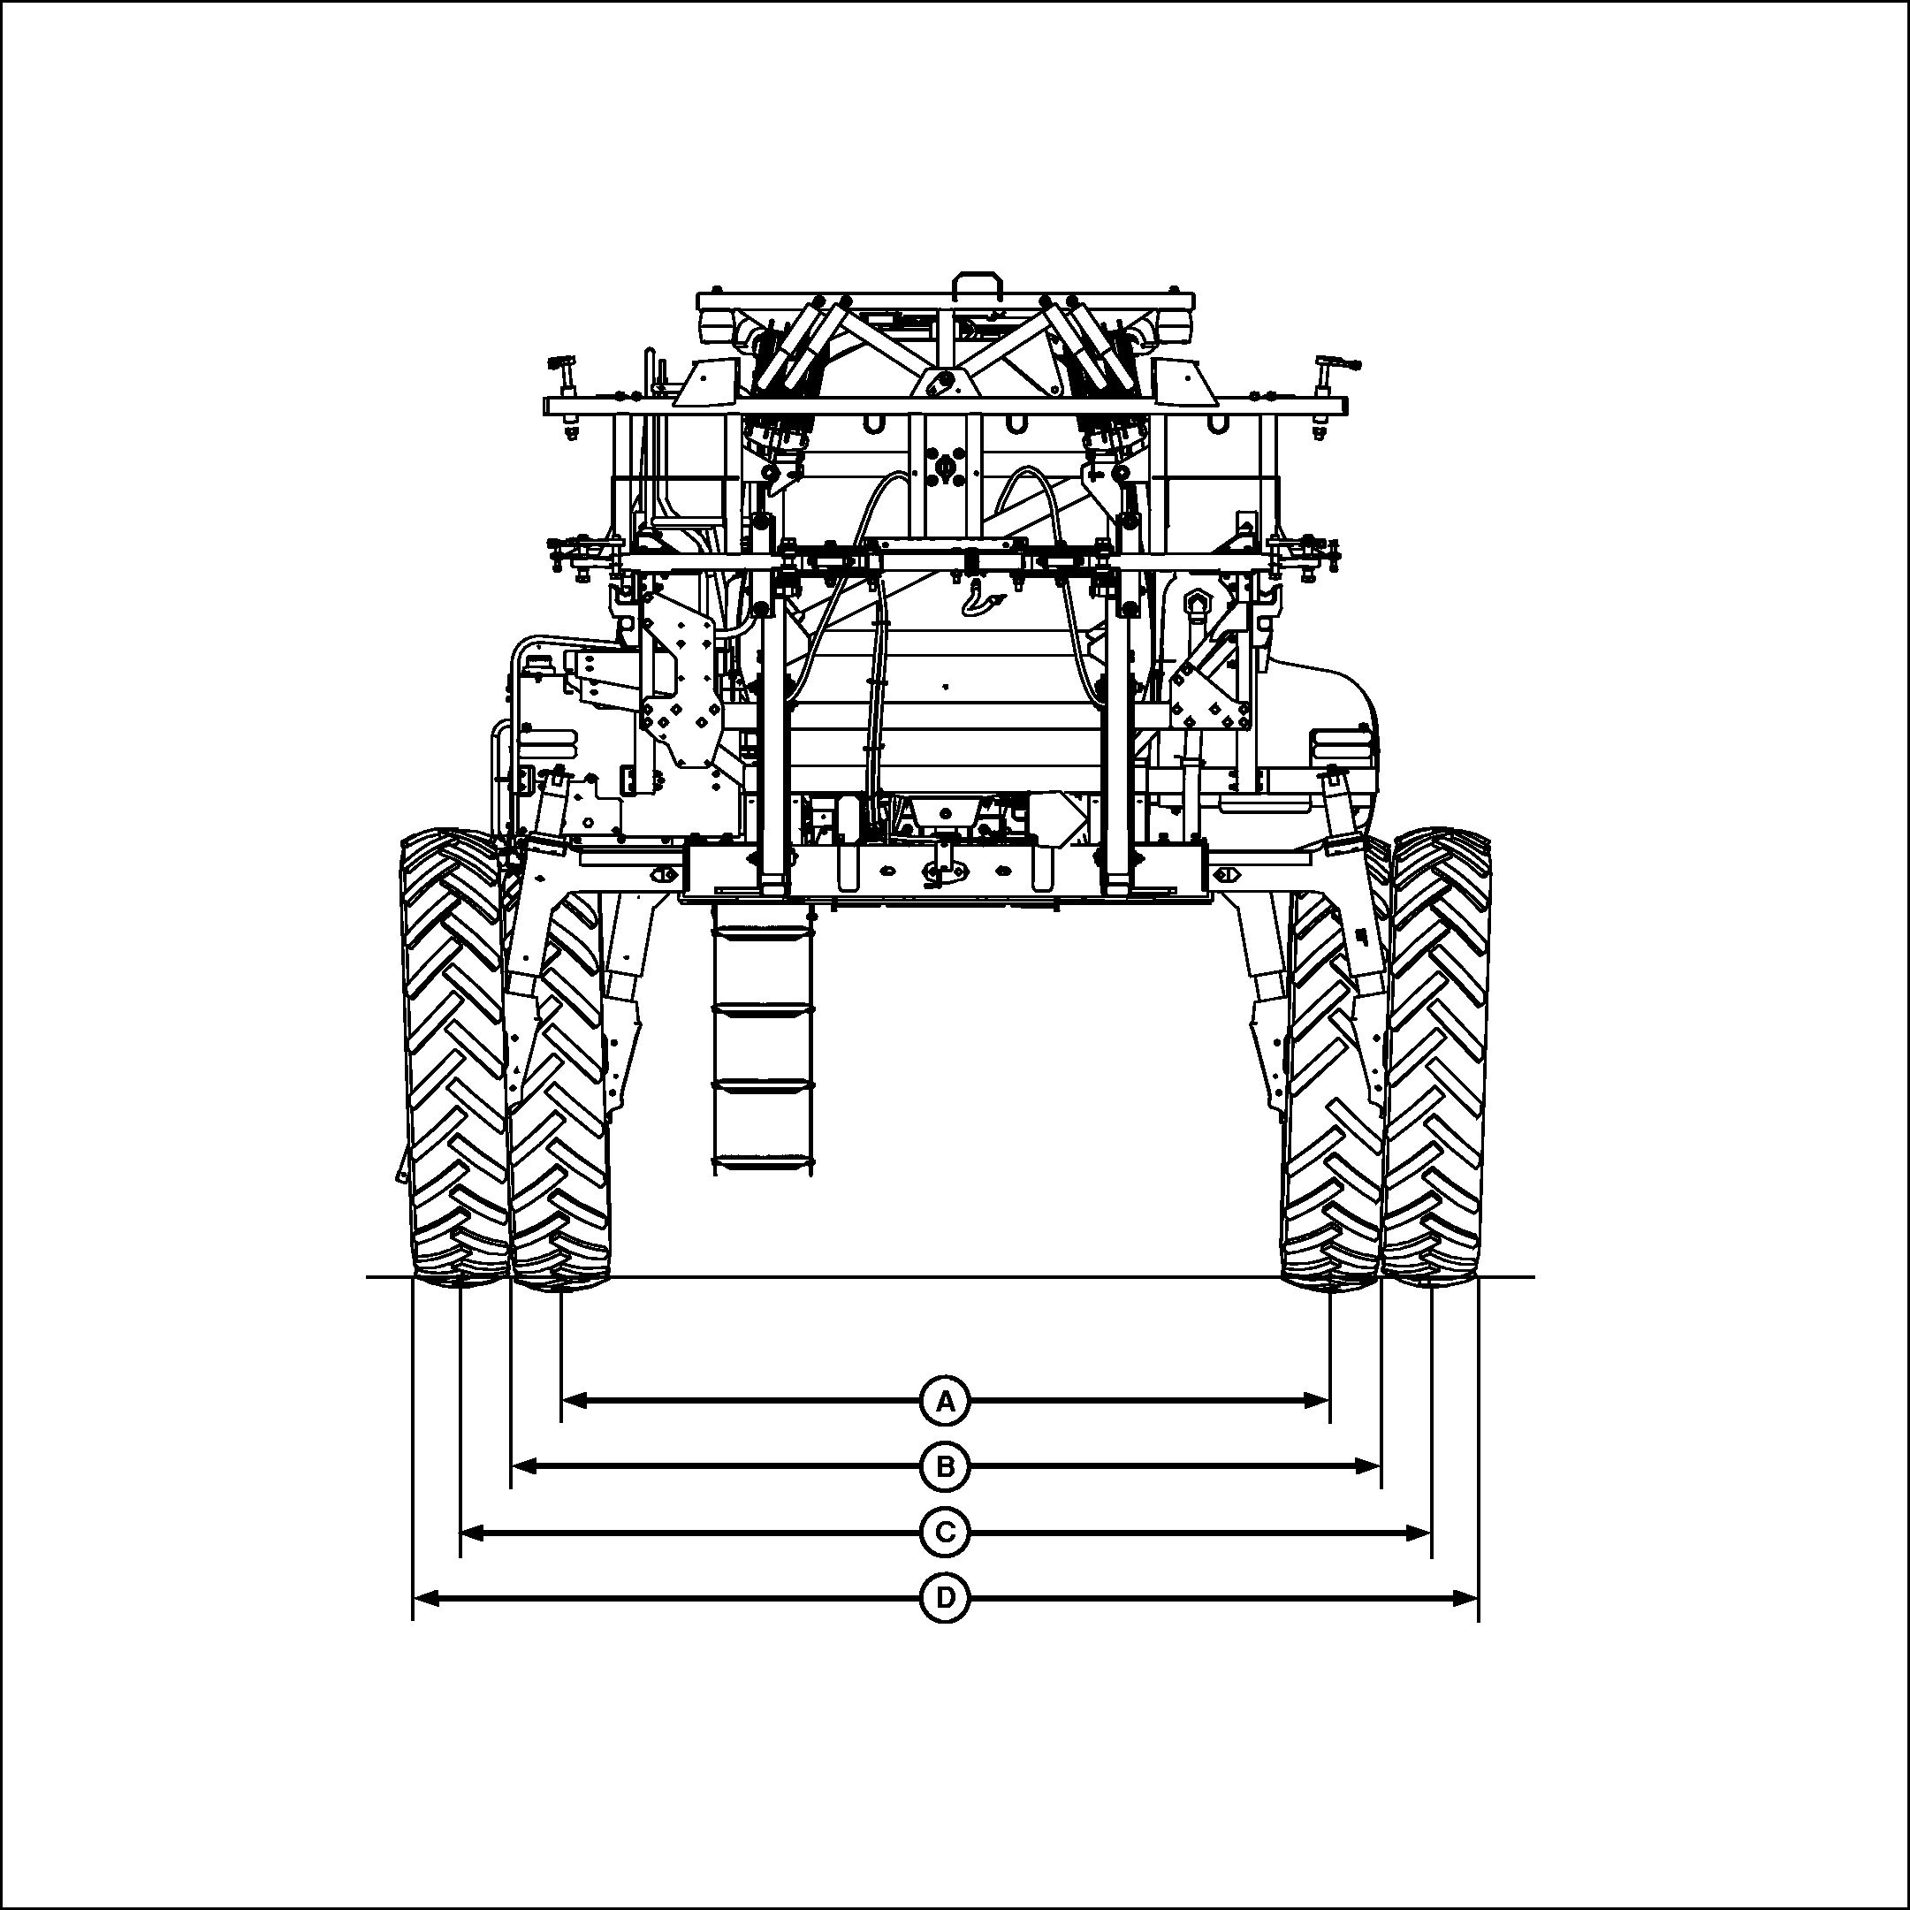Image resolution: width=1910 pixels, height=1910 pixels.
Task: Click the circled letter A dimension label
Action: pos(946,1401)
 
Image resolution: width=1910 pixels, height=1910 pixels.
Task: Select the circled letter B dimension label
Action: pos(946,1467)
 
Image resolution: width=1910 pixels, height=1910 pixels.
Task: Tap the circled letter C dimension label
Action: pos(946,1533)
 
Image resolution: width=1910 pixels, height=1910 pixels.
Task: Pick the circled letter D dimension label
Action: pos(946,1598)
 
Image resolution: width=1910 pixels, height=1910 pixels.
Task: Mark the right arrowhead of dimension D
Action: pos(1465,1598)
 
